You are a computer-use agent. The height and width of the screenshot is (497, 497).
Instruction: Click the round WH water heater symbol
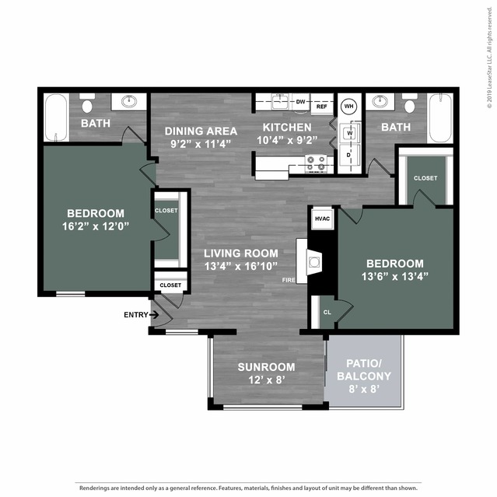coord(349,106)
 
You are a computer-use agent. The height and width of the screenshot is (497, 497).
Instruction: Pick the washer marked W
coord(349,134)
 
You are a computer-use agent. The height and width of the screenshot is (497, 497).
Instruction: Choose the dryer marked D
coord(349,154)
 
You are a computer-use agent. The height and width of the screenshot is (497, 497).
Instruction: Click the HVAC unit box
coord(323,219)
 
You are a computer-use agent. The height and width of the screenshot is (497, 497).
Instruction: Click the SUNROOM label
coord(265,367)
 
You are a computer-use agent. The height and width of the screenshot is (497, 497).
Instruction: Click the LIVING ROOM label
coord(241,253)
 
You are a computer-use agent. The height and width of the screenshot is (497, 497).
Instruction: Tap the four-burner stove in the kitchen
coord(317,163)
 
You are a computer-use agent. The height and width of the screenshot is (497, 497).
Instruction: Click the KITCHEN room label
coord(287,128)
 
